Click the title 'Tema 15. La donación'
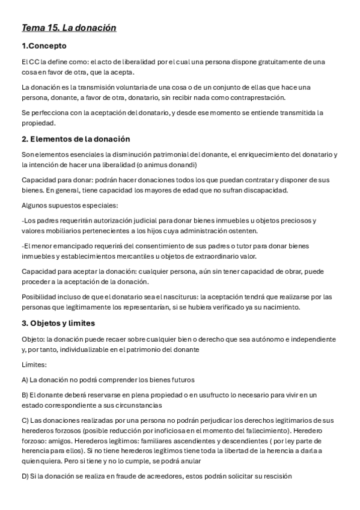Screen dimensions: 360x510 tap(69, 28)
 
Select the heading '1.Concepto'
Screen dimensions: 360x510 tap(44, 46)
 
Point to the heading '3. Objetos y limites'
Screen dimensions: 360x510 tap(58, 323)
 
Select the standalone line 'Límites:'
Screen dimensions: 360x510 tap(34, 364)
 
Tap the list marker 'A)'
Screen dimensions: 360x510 tap(25, 379)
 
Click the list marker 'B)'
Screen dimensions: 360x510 tap(25, 395)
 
